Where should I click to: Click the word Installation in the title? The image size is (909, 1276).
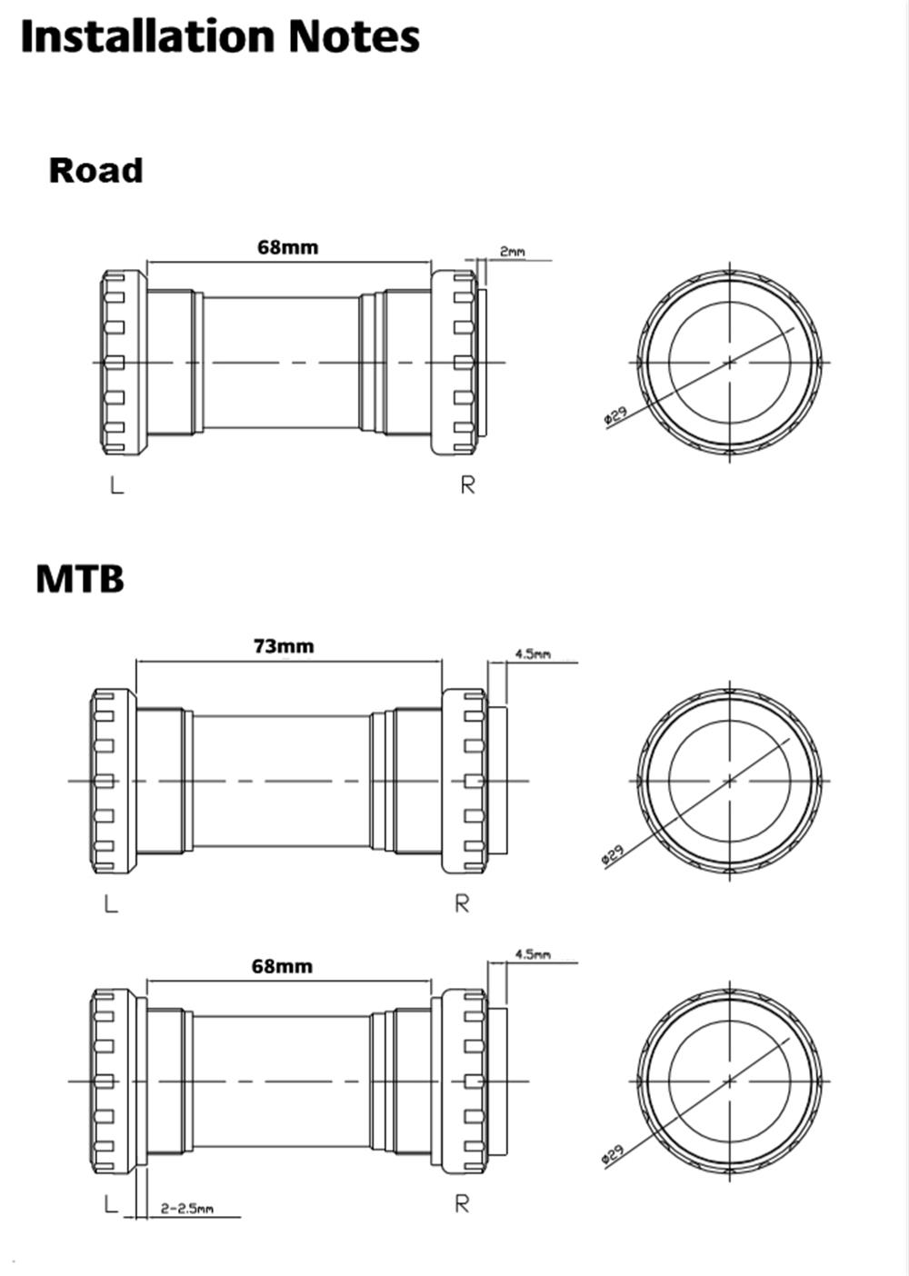click(x=145, y=37)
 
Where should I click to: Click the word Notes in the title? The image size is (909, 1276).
click(x=354, y=37)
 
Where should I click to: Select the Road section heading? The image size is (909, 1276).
click(x=95, y=171)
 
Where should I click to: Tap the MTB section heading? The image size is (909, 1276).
click(x=79, y=579)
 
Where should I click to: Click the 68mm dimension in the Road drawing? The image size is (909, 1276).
click(x=287, y=246)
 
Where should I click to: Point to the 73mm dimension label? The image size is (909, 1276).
click(x=283, y=646)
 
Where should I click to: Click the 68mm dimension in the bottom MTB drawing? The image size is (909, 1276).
click(x=282, y=966)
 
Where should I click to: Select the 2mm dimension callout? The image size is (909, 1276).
click(x=512, y=252)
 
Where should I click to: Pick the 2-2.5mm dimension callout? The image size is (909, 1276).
click(x=186, y=1209)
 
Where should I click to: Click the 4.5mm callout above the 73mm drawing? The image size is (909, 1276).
click(x=532, y=653)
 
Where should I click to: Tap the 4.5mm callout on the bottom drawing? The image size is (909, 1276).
click(x=532, y=954)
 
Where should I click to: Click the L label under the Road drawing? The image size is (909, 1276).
click(x=115, y=485)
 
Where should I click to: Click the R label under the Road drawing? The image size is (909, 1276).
click(x=467, y=485)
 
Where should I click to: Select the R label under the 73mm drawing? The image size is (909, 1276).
click(x=462, y=903)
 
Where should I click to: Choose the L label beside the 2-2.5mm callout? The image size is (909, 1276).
click(x=110, y=1204)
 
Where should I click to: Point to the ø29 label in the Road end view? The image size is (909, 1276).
click(x=615, y=416)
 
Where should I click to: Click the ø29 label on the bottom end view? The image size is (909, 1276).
click(x=613, y=1154)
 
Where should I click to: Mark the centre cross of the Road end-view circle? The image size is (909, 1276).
click(x=730, y=362)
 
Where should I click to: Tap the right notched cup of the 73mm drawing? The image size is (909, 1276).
click(x=464, y=781)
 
